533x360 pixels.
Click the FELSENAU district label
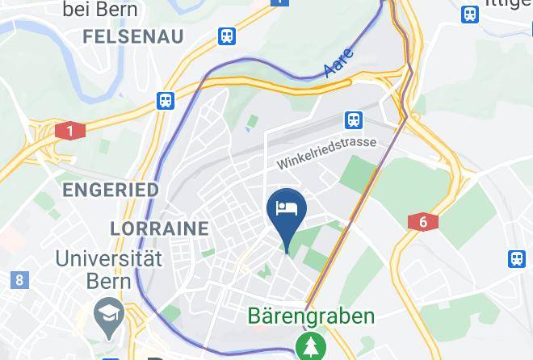click(x=132, y=36)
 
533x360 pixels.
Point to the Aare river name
click(x=339, y=62)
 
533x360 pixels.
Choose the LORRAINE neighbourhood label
click(x=159, y=228)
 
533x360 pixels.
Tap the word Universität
click(x=108, y=259)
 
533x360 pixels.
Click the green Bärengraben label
click(x=311, y=316)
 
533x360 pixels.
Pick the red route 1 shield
click(x=70, y=131)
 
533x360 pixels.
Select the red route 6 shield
click(x=423, y=222)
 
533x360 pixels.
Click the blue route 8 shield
click(x=19, y=280)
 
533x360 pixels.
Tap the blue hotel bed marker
click(x=287, y=209)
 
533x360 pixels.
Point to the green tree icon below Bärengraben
click(x=310, y=346)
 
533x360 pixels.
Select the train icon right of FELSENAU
click(x=228, y=36)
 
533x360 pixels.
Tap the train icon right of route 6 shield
click(x=517, y=259)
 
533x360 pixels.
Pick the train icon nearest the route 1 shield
click(x=166, y=100)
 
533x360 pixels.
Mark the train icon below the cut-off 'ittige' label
click(x=470, y=14)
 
